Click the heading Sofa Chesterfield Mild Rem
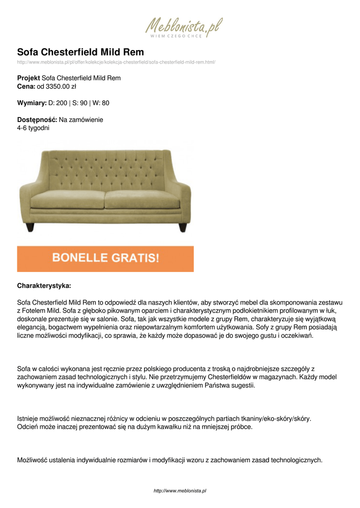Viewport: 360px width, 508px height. [80, 52]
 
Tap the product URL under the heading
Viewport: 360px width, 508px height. [116, 62]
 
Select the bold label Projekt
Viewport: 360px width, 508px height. [28, 78]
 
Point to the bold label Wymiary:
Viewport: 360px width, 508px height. [31, 103]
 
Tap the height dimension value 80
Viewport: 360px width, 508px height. [105, 103]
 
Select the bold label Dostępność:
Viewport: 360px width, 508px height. [37, 120]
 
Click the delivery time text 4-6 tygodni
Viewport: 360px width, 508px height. [33, 128]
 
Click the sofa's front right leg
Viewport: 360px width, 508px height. [183, 227]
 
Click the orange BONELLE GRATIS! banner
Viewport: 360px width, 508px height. [105, 258]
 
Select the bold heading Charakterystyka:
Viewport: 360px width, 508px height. [44, 286]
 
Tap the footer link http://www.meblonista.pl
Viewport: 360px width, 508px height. [180, 491]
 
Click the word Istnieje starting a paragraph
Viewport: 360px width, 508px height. [29, 419]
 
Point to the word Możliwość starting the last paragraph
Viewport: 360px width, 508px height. [34, 460]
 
